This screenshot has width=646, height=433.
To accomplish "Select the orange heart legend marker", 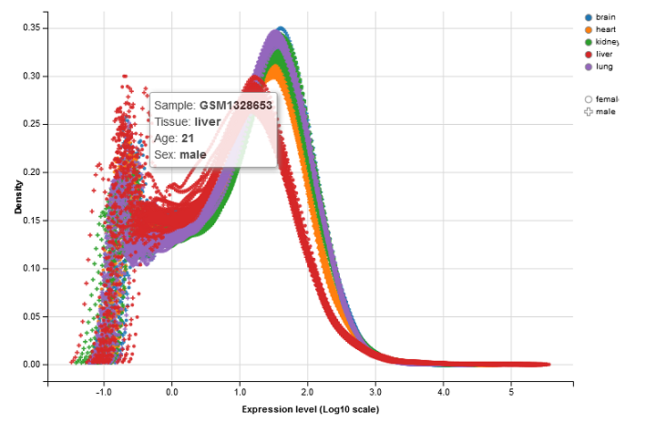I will point(588,30).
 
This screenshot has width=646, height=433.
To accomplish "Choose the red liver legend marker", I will point(588,55).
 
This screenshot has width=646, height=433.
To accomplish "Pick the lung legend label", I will point(604,67).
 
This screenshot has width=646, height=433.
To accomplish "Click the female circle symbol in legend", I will point(589,98).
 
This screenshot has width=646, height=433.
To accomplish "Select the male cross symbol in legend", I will point(589,111).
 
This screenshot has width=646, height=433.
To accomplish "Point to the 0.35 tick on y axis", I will point(30,27).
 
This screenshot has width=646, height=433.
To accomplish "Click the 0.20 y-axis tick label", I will point(30,171).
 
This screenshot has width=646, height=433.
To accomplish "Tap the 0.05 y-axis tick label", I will point(30,315).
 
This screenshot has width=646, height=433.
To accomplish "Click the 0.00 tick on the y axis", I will point(30,364).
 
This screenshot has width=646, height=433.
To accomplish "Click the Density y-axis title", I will point(17,196).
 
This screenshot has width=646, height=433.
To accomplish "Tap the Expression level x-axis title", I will point(310,409).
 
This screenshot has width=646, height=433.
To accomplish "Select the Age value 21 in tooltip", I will point(188,139).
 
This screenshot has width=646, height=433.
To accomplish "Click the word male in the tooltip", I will point(192,155).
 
